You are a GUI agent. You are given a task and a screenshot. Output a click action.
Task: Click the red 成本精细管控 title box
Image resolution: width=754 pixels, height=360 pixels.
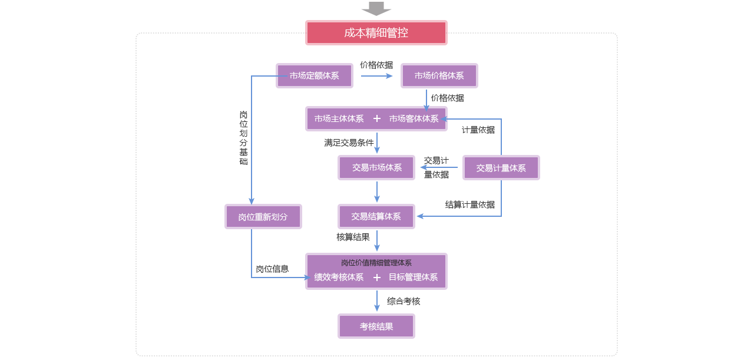point(376,33)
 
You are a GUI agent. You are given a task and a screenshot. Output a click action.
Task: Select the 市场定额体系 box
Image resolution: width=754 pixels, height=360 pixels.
point(314,76)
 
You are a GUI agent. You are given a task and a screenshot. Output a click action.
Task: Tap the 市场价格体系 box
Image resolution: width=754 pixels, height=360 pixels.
point(439,76)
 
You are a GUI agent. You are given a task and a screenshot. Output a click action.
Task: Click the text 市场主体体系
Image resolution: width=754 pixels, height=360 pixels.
point(339,119)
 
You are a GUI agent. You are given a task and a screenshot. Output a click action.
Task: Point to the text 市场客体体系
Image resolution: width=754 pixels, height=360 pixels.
point(414,119)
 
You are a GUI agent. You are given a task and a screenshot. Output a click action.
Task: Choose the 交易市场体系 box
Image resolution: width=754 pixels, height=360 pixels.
point(376,168)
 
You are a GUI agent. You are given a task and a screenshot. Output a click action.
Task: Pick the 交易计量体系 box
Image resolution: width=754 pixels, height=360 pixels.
point(501,168)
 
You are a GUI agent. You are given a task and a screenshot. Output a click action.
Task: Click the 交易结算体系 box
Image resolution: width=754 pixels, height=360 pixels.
point(376,217)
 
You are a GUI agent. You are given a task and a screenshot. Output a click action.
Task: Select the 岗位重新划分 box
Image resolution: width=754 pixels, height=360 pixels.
point(263,217)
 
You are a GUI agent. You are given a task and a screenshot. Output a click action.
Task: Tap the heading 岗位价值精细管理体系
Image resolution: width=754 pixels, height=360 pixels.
point(376,263)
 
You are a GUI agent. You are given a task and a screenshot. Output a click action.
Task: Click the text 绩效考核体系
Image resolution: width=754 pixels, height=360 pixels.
point(339,278)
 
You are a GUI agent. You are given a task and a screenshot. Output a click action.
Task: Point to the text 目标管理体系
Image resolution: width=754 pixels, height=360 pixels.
point(413,278)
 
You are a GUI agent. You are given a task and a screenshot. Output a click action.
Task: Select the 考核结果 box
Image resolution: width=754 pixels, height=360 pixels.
point(376,326)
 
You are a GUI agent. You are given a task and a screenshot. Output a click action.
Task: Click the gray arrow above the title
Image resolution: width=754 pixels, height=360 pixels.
point(376,8)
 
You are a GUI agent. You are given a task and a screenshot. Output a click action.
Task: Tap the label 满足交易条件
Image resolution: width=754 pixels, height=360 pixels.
point(349,143)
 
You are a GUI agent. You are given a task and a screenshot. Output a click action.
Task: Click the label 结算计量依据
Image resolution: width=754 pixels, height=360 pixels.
point(469,204)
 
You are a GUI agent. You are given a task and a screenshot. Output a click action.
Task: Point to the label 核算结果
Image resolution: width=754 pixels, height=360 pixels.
point(353,237)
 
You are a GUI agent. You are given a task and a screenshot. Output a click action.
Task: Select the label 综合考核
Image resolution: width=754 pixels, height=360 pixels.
point(404,301)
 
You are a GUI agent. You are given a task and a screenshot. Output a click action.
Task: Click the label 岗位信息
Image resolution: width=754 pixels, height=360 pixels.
point(272,269)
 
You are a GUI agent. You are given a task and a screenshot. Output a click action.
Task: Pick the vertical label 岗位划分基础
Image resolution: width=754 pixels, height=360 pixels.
point(243,138)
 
